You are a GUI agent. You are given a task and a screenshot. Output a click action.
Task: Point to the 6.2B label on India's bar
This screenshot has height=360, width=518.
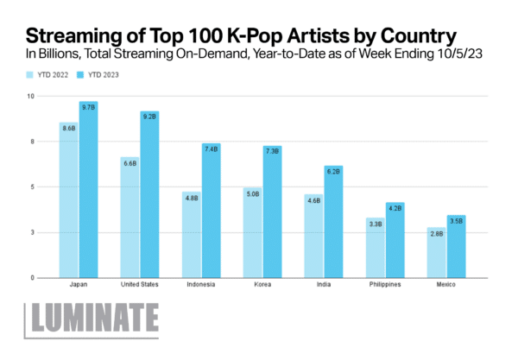pos(333,172)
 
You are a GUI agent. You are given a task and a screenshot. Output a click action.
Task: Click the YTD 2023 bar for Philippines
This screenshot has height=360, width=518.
pos(395,242)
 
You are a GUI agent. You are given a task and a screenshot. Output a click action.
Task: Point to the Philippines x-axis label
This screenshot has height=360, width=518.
pos(384,286)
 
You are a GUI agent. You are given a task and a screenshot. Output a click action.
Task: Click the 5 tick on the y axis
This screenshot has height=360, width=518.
pos(32,186)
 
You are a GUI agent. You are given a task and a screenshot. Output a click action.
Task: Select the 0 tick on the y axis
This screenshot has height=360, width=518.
pos(32,278)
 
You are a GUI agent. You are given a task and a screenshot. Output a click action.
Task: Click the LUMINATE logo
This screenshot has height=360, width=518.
pos(92,319)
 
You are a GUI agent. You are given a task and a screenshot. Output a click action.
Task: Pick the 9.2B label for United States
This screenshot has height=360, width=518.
pos(149,116)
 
